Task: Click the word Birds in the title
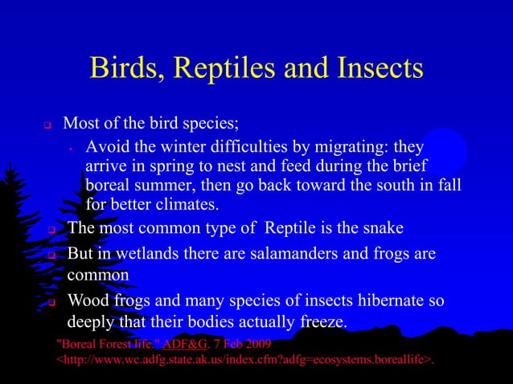pyautogui.click(x=125, y=68)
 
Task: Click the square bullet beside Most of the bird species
pyautogui.click(x=47, y=126)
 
